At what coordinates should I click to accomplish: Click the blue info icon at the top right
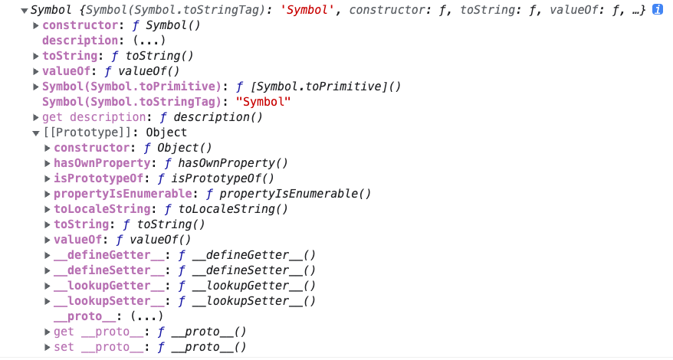tap(657, 10)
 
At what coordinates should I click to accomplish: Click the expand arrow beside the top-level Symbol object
tap(25, 11)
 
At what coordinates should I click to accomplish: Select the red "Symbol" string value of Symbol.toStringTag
tap(264, 102)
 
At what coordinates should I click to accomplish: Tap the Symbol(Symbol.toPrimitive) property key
tap(131, 87)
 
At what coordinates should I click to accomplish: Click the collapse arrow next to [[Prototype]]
tap(36, 133)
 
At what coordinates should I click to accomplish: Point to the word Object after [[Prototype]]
tap(167, 133)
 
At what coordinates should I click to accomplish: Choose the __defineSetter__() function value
tap(253, 270)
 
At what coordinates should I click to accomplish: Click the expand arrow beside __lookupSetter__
tap(48, 301)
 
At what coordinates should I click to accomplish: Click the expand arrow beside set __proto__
tap(48, 348)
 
